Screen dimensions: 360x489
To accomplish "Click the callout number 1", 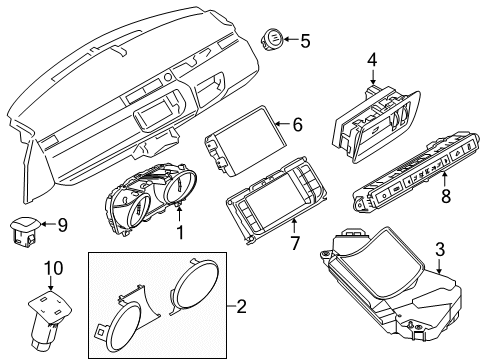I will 180,233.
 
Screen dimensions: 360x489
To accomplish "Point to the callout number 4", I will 371,60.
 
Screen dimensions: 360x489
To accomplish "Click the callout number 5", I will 305,41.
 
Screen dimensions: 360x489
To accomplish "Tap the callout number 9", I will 61,226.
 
